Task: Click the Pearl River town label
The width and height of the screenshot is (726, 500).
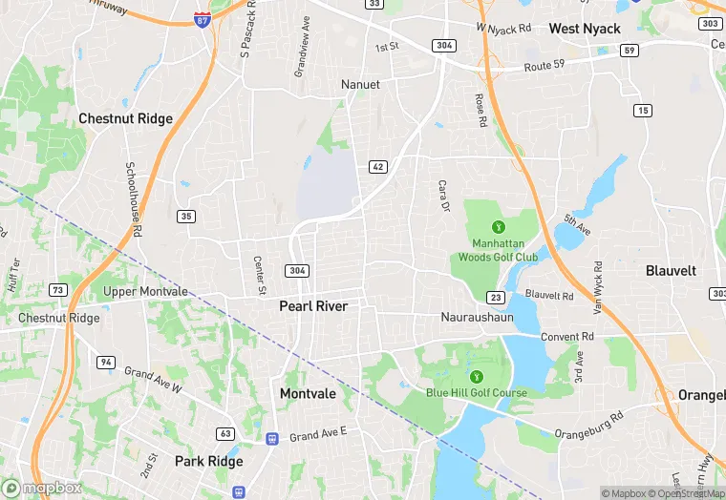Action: point(313,306)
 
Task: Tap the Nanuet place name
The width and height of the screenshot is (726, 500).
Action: point(360,85)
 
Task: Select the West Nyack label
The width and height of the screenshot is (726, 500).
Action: point(585,29)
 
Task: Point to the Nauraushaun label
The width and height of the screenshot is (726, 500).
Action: point(478,316)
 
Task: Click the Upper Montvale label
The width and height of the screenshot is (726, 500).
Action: point(146,291)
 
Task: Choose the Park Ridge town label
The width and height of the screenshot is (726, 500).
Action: point(208,461)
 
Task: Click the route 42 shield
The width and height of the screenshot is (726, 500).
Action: point(377,167)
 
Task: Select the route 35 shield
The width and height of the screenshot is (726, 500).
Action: point(186,217)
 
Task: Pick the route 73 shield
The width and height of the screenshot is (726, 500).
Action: point(59,289)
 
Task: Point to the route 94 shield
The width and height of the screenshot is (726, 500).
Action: point(105,362)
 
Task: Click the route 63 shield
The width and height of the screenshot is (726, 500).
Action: point(225,433)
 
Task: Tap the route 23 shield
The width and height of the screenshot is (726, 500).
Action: point(495,297)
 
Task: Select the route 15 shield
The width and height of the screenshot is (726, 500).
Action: point(643,112)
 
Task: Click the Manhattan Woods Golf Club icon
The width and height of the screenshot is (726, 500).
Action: point(497,227)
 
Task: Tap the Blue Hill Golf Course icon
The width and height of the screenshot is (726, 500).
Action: point(476,374)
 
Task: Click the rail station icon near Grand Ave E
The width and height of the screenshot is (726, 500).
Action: point(272,439)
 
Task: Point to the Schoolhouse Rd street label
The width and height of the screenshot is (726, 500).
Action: point(134,198)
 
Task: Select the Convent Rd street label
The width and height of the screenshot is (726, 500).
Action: point(567,337)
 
